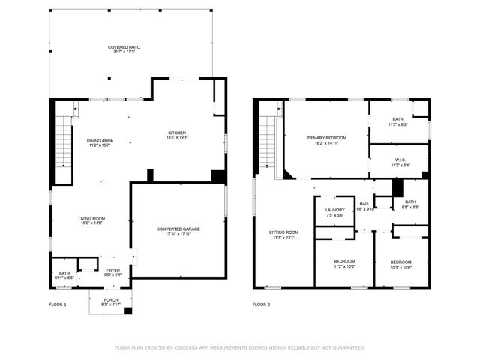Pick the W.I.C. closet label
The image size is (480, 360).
coord(400,162)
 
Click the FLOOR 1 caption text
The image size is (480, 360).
coord(58,304)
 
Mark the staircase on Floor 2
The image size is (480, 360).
coord(267,143)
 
